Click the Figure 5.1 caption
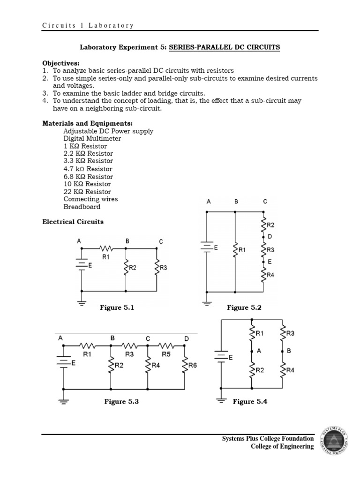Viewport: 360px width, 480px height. pyautogui.click(x=117, y=307)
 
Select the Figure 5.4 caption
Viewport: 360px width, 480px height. pyautogui.click(x=250, y=402)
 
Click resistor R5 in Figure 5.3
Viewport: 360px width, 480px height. pyautogui.click(x=166, y=346)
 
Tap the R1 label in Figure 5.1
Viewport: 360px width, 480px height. pyautogui.click(x=105, y=256)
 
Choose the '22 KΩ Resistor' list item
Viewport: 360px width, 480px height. pyautogui.click(x=87, y=192)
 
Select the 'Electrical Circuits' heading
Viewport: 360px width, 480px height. pyautogui.click(x=73, y=222)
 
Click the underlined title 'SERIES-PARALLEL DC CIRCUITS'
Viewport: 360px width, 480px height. pyautogui.click(x=224, y=47)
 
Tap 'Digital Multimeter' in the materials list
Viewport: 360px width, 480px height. pyautogui.click(x=92, y=139)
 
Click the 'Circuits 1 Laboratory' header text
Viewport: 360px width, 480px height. pyautogui.click(x=88, y=26)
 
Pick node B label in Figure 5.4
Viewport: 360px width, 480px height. pyautogui.click(x=288, y=350)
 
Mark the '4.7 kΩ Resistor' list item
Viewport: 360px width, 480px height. pyautogui.click(x=88, y=169)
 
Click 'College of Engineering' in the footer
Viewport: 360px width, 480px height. pyautogui.click(x=282, y=447)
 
